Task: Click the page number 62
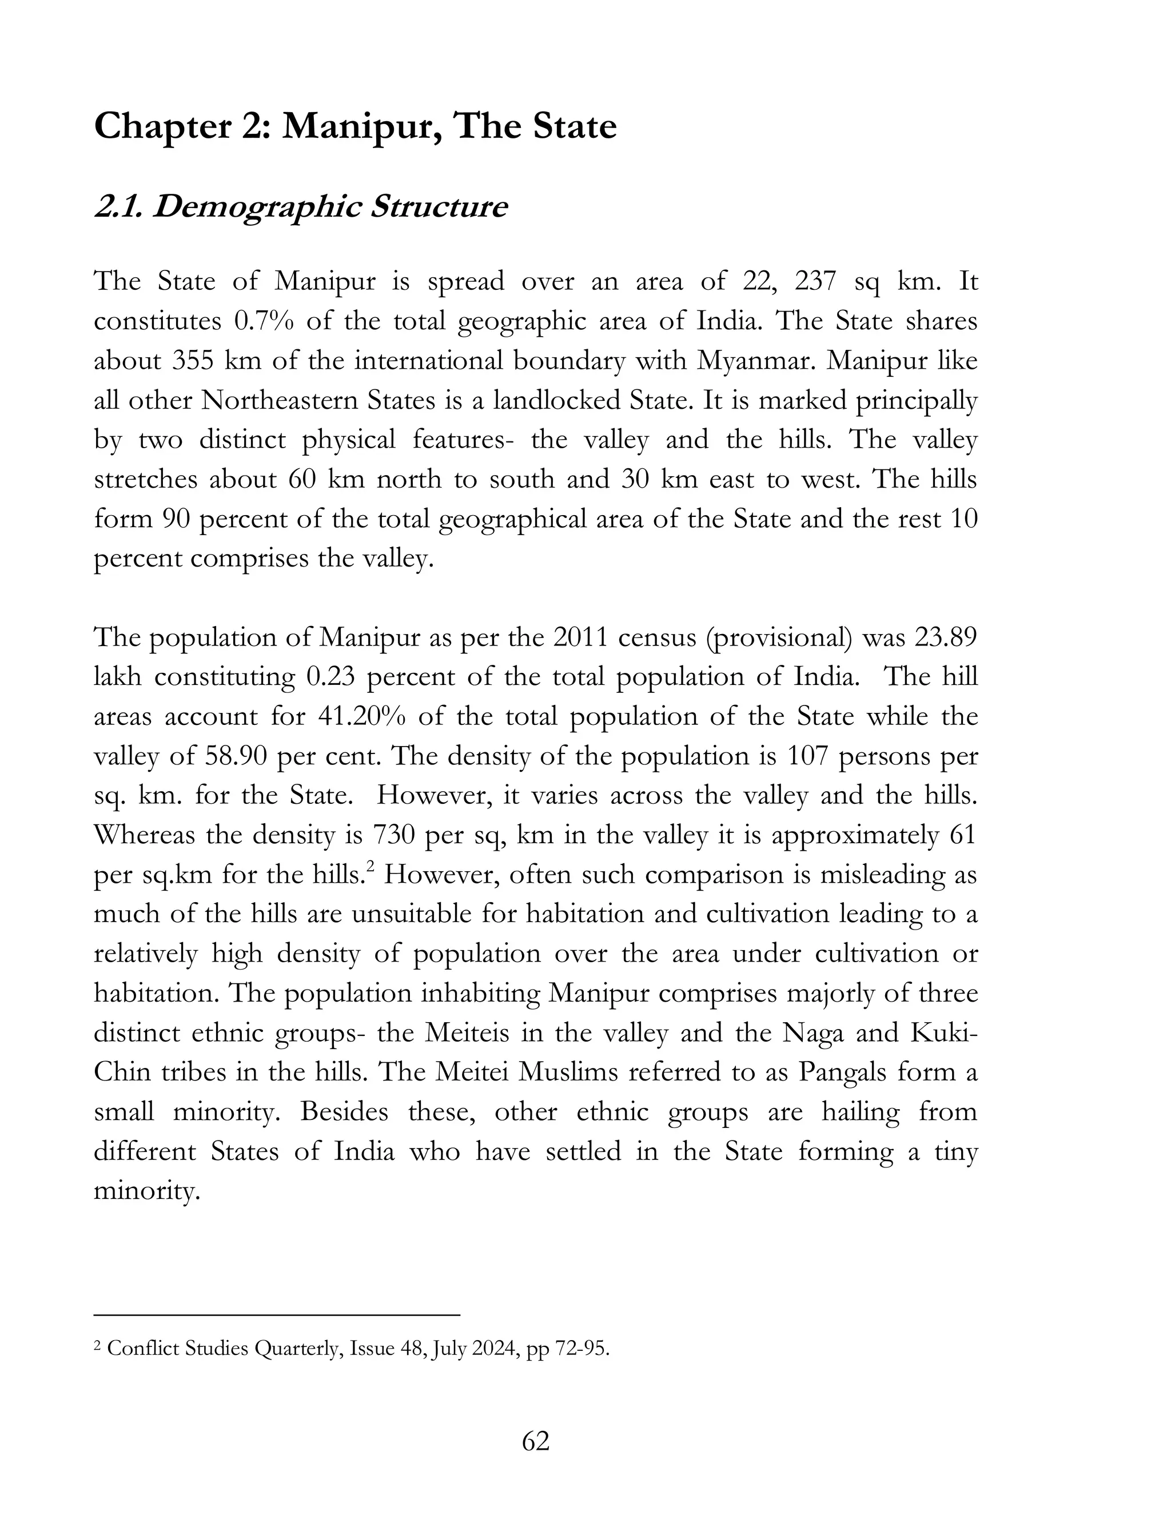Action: [535, 1441]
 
